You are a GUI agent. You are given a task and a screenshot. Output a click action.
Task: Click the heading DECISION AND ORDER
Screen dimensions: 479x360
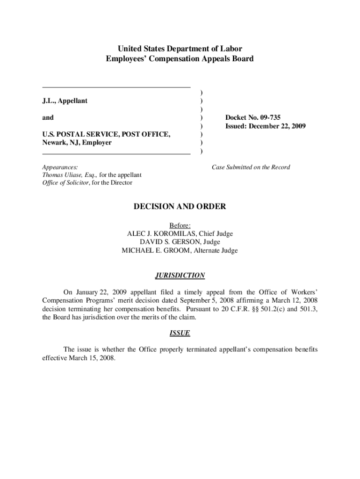pyautogui.click(x=180, y=206)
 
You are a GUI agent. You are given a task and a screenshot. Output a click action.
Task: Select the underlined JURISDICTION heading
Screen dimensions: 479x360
pyautogui.click(x=180, y=276)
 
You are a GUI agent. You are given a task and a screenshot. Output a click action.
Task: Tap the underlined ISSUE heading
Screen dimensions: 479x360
pyautogui.click(x=180, y=333)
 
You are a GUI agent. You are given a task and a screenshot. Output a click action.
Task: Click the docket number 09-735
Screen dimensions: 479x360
pyautogui.click(x=267, y=117)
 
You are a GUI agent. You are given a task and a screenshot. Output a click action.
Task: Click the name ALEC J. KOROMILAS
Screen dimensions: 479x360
pyautogui.click(x=159, y=233)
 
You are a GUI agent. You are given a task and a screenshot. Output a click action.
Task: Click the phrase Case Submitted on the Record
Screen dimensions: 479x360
pyautogui.click(x=251, y=167)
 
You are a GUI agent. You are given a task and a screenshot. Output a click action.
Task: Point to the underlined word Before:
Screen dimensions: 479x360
pyautogui.click(x=180, y=225)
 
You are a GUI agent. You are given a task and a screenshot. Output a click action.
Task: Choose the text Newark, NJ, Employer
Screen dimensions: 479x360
pyautogui.click(x=77, y=143)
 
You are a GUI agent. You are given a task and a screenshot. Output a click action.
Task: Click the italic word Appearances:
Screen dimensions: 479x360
pyautogui.click(x=60, y=167)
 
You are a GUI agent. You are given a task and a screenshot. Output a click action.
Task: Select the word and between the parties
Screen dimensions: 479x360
pyautogui.click(x=48, y=117)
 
